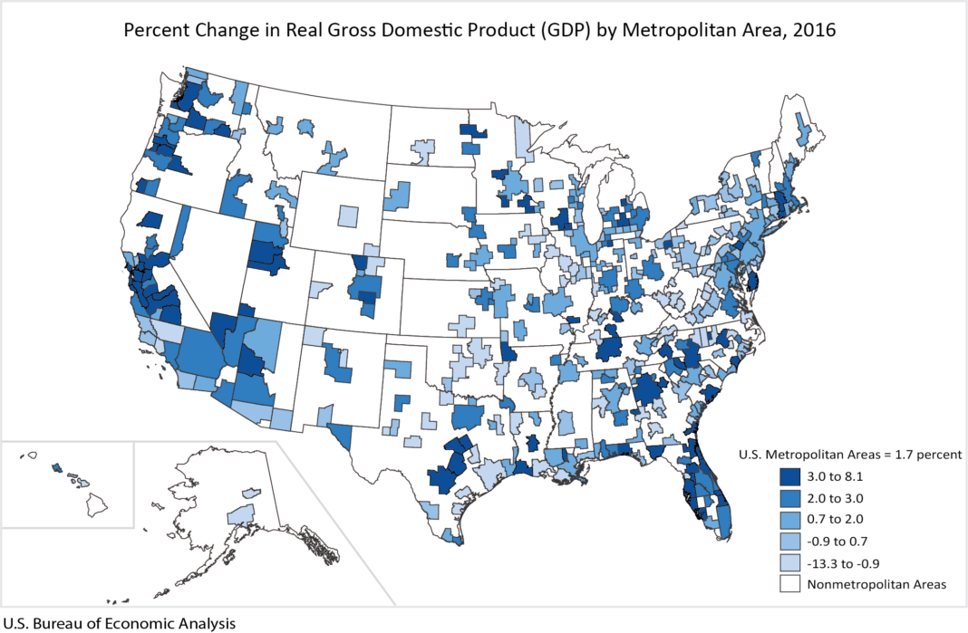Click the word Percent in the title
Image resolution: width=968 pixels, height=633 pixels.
157,29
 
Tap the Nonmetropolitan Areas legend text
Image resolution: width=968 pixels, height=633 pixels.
876,584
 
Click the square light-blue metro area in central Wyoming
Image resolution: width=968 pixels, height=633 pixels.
347,216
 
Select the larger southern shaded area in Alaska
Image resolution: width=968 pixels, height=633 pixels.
240,515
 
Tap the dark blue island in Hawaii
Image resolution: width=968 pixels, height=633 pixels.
57,468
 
